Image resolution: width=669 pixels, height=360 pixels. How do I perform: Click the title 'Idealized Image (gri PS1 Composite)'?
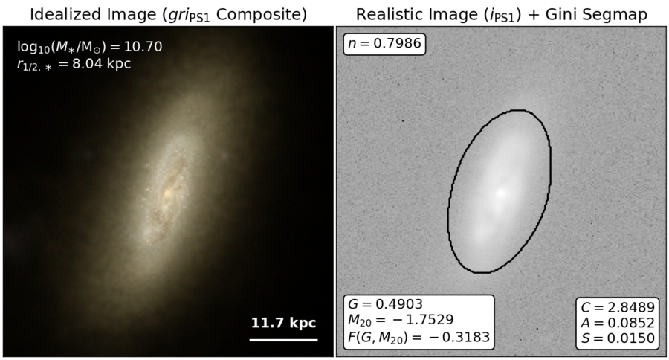coord(168,15)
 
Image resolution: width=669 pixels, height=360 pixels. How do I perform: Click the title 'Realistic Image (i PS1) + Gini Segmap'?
coord(501,15)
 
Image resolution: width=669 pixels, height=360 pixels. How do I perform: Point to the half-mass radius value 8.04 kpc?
coord(101,64)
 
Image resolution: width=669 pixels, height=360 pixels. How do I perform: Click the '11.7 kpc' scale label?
coord(283,323)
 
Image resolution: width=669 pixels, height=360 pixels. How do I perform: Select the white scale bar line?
coord(284,341)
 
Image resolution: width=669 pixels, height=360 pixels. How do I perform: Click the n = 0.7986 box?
coord(384,44)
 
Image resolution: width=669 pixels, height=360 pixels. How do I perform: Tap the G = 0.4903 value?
coord(385,304)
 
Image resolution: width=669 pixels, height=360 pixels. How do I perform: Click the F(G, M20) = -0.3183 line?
coord(418,338)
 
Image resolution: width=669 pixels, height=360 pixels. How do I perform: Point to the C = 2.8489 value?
coord(618,307)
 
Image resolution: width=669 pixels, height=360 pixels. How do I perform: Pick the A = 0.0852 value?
coord(618,323)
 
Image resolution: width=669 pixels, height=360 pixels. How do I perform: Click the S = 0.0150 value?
coord(618,338)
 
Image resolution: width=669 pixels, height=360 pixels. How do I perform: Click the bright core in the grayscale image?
coord(501,193)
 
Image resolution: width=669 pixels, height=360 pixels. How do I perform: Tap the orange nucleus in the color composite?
coord(167,193)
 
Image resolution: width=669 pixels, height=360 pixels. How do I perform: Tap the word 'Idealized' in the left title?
coord(62,14)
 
